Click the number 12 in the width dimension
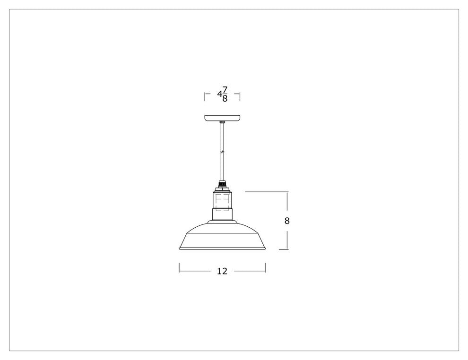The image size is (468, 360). (x=222, y=271)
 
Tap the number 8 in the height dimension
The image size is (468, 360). (x=287, y=221)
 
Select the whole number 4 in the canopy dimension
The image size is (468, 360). (x=219, y=94)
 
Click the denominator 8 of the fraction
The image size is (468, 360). (x=225, y=99)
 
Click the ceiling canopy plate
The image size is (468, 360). (x=222, y=117)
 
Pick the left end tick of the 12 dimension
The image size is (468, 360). (x=179, y=268)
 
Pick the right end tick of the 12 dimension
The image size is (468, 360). (x=266, y=268)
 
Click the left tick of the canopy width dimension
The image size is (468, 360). (x=205, y=96)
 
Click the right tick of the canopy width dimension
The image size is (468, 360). (x=240, y=96)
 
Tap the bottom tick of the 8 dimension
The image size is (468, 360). (x=284, y=249)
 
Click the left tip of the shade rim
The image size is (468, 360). (x=179, y=249)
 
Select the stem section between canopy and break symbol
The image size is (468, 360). (x=222, y=137)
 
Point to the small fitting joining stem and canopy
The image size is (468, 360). (x=222, y=122)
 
